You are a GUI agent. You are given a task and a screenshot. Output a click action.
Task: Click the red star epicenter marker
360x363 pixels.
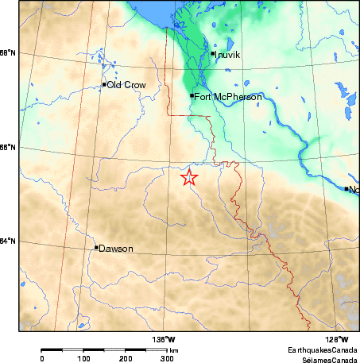click(189, 177)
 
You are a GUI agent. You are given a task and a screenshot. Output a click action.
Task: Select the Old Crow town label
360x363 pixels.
click(126, 85)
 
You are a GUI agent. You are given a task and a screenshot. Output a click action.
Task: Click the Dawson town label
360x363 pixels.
click(116, 249)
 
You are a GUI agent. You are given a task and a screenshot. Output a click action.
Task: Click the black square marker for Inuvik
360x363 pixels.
click(214, 54)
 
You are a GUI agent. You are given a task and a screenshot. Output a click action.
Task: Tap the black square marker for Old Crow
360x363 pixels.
click(104, 84)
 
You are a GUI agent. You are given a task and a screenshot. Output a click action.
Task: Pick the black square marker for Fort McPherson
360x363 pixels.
click(192, 96)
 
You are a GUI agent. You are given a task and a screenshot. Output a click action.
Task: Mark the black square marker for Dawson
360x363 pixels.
click(97, 248)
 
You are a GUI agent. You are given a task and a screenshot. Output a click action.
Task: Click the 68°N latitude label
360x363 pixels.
click(8, 53)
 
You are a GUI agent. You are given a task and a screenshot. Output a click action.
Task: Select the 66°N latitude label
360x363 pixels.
click(8, 147)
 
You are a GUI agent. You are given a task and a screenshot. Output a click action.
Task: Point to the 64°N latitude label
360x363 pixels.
click(8, 241)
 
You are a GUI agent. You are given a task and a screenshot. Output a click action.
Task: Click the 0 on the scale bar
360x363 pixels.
click(41, 359)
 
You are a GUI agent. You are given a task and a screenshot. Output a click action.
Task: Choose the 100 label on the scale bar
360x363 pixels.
click(83, 359)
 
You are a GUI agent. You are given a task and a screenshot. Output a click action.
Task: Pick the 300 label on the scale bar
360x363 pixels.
click(168, 359)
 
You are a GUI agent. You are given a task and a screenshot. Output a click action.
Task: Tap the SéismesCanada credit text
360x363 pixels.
click(324, 359)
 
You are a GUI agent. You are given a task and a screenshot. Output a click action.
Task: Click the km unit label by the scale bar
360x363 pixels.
click(174, 350)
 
